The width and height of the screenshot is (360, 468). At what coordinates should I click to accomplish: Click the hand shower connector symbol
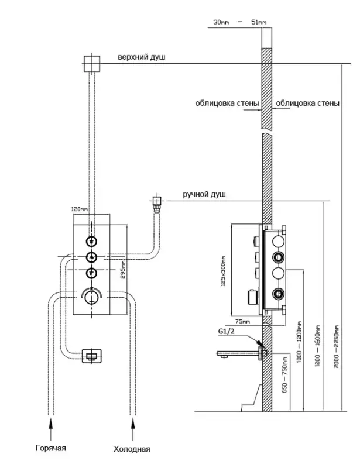tap(157, 202)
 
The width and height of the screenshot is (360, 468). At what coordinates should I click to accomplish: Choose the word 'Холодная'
tap(132, 449)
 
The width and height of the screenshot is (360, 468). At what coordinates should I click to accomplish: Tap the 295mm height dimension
tap(123, 270)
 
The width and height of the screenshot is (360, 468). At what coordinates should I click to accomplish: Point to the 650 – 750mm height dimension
tap(285, 375)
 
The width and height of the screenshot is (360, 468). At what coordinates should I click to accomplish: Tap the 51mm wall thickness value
tap(258, 22)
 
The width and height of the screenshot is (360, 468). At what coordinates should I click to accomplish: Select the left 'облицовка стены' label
tap(228, 104)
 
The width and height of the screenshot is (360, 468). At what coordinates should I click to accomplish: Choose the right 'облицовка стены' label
tap(307, 104)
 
